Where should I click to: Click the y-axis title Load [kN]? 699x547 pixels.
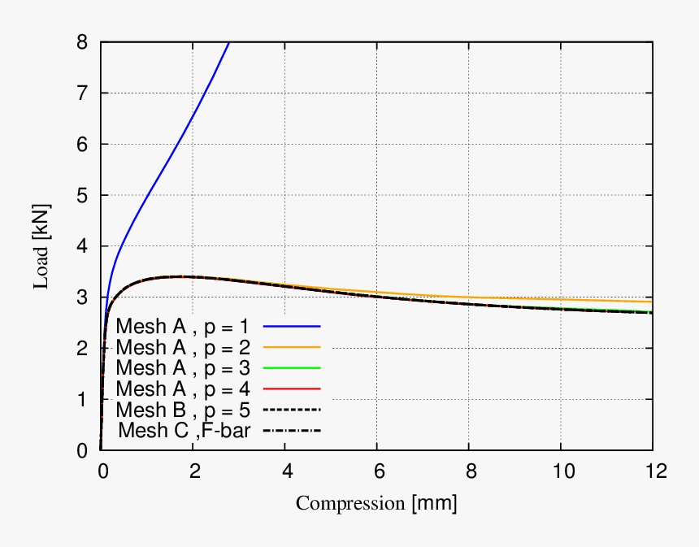pos(40,246)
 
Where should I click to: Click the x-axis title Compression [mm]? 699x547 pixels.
pos(376,503)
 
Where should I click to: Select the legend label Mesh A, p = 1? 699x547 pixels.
pos(183,326)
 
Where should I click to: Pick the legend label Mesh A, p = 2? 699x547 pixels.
pos(183,347)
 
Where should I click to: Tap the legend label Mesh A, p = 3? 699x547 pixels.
pos(183,367)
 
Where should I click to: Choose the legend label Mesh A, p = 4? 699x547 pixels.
pos(183,388)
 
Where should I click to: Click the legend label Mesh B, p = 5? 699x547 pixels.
pos(183,408)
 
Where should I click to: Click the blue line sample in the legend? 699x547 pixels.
pos(292,326)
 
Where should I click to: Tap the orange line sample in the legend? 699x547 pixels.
pos(292,347)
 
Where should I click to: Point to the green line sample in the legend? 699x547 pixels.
pos(292,367)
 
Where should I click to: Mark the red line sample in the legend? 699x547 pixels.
pos(292,388)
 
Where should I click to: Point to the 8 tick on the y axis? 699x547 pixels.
pos(82,42)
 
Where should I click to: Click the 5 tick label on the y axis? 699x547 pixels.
pos(82,195)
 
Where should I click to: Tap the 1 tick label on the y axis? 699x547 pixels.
pos(82,399)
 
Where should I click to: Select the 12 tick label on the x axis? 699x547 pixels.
pos(652,471)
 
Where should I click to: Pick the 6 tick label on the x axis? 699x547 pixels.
pos(376,471)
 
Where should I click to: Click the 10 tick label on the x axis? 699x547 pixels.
pos(560,471)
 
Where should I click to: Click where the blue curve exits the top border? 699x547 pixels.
pos(229,42)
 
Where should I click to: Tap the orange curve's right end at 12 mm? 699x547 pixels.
pos(652,302)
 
